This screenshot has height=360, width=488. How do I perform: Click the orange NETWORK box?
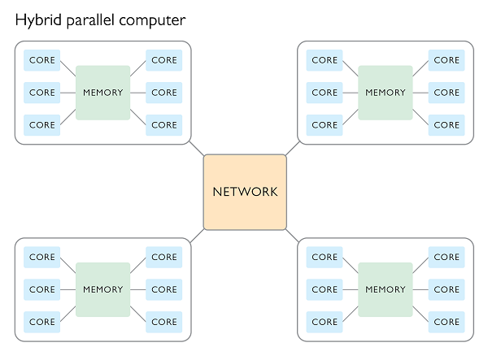click(x=245, y=192)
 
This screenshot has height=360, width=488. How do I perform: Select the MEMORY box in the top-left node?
click(x=102, y=93)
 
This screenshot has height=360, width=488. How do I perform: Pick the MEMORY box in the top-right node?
click(x=385, y=93)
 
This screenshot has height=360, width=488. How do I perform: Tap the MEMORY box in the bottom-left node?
click(x=102, y=289)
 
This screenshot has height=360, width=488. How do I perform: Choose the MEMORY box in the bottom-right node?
click(x=385, y=289)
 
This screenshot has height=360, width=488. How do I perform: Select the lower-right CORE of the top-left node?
click(x=163, y=125)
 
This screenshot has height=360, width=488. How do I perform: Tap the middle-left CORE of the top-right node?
click(x=325, y=93)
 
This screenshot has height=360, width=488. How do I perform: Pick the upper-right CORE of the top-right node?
click(x=447, y=60)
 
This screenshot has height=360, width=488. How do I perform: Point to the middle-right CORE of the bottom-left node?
click(x=163, y=289)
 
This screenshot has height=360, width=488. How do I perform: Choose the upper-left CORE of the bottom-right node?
click(x=325, y=257)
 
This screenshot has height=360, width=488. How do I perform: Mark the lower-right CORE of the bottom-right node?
click(x=447, y=322)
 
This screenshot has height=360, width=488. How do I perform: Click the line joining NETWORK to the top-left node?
click(x=197, y=149)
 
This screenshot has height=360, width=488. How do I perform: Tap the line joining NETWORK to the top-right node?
click(x=293, y=149)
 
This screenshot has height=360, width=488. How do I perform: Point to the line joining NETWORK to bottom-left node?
click(x=197, y=235)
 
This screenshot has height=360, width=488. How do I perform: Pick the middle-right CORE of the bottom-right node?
click(x=447, y=289)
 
